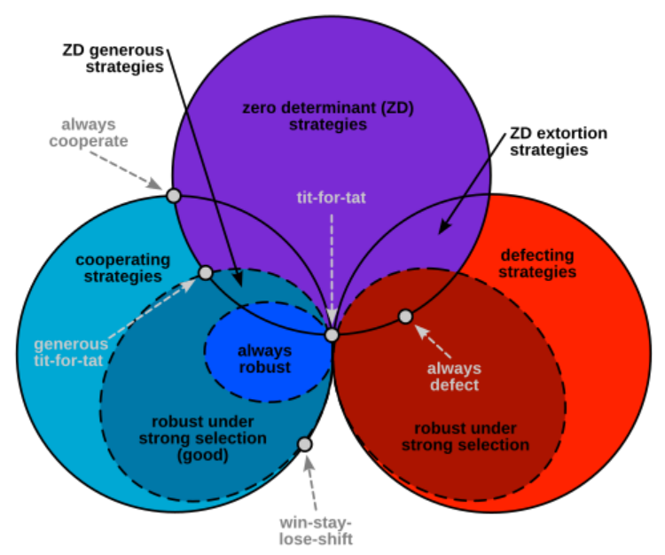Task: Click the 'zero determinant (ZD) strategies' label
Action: pyautogui.click(x=328, y=116)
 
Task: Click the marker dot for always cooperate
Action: pyautogui.click(x=174, y=196)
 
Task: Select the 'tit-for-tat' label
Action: pyautogui.click(x=331, y=198)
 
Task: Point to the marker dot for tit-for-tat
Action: pyautogui.click(x=332, y=335)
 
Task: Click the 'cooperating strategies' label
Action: pyautogui.click(x=122, y=268)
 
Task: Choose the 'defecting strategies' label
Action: pyautogui.click(x=536, y=264)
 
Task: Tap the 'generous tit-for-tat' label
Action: pyautogui.click(x=71, y=352)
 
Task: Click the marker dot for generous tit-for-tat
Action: pyautogui.click(x=205, y=272)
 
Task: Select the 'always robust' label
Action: pyautogui.click(x=264, y=359)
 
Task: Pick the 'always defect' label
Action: pyautogui.click(x=454, y=377)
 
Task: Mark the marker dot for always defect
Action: pyautogui.click(x=405, y=317)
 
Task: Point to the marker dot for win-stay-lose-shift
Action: pyautogui.click(x=304, y=443)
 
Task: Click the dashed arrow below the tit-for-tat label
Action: pyautogui.click(x=332, y=266)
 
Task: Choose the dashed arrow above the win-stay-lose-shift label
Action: pyautogui.click(x=311, y=483)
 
